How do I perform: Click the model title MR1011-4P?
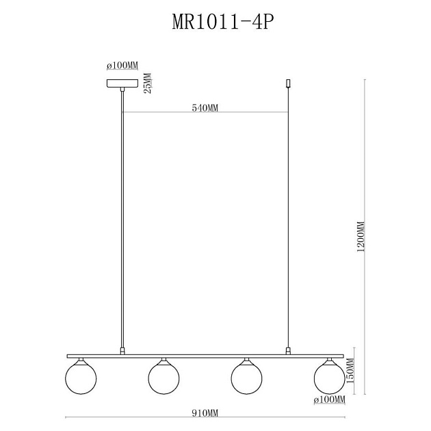click(215, 22)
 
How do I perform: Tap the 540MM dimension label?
click(205, 108)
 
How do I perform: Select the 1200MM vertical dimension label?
click(361, 236)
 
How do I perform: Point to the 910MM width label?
click(205, 413)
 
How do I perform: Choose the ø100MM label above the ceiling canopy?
click(122, 66)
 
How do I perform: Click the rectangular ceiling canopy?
click(122, 83)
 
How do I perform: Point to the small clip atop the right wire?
click(289, 85)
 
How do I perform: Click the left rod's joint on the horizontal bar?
click(122, 351)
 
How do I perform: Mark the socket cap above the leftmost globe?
click(80, 360)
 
